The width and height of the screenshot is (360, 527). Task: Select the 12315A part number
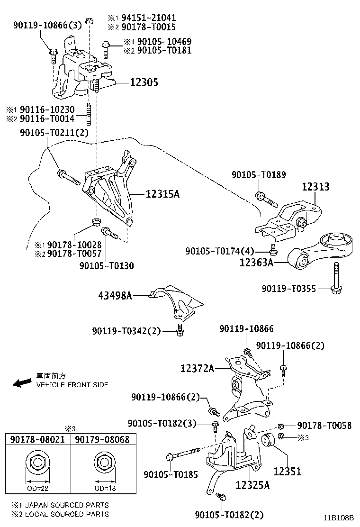pyautogui.click(x=163, y=194)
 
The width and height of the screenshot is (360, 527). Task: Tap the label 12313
pyautogui.click(x=315, y=187)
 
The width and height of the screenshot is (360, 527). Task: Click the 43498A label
pyautogui.click(x=115, y=296)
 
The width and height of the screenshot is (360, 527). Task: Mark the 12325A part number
pyautogui.click(x=252, y=485)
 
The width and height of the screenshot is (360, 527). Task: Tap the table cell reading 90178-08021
pyautogui.click(x=37, y=439)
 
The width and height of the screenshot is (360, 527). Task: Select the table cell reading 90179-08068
pyautogui.click(x=102, y=439)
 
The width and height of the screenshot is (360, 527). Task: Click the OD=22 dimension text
pyautogui.click(x=37, y=488)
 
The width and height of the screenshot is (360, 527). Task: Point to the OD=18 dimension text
pyautogui.click(x=102, y=488)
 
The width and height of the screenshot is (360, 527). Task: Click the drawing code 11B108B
pyautogui.click(x=339, y=518)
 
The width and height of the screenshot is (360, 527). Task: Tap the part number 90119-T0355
pyautogui.click(x=289, y=288)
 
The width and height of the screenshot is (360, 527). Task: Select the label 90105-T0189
pyautogui.click(x=259, y=175)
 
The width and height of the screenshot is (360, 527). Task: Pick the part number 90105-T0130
pyautogui.click(x=107, y=266)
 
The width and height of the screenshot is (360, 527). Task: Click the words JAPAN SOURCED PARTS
pyautogui.click(x=66, y=505)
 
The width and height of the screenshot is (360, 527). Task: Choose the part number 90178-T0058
pyautogui.click(x=324, y=426)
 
